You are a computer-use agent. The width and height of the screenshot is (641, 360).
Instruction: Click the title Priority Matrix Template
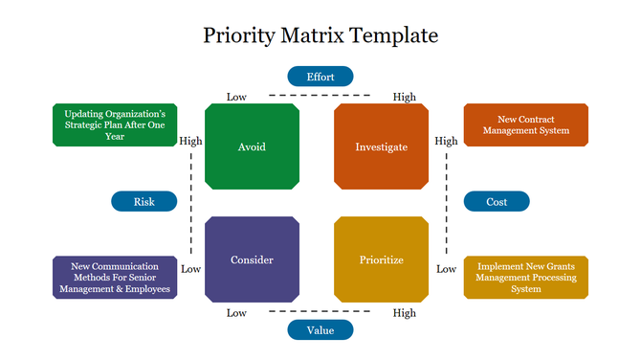(x=320, y=36)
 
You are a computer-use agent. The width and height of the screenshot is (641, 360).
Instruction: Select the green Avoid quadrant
(x=252, y=146)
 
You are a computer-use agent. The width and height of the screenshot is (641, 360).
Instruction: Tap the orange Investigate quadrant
(x=381, y=146)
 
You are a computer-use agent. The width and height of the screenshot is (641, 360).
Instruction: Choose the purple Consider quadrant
(x=252, y=259)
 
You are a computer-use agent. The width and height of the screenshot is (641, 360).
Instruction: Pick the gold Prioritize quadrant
(x=381, y=259)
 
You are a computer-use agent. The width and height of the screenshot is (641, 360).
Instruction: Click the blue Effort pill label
(x=320, y=77)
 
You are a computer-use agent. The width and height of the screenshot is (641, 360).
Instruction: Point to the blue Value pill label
(x=320, y=330)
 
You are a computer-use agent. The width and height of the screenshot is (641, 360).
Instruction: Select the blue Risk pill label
(x=144, y=201)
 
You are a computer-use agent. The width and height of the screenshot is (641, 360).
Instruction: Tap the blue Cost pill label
(x=497, y=201)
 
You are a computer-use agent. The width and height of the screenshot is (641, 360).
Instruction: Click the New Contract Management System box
(x=525, y=124)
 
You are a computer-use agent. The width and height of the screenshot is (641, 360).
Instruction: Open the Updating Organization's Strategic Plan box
(x=115, y=124)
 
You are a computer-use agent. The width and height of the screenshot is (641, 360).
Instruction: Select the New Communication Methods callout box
(x=115, y=277)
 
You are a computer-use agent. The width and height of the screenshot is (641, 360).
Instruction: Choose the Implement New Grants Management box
(x=525, y=277)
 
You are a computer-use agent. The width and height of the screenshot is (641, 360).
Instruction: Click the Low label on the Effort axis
(x=236, y=97)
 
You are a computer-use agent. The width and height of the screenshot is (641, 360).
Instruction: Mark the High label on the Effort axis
(x=404, y=97)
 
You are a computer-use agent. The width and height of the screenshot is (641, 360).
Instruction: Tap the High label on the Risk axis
(x=190, y=141)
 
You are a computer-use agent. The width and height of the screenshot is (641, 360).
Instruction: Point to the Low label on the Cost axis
(x=446, y=269)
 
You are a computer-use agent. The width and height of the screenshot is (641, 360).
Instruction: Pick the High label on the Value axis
(x=404, y=313)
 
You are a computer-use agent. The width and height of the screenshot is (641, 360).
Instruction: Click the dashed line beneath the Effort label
(x=320, y=96)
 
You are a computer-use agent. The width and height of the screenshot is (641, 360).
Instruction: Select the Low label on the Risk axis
(x=190, y=269)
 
